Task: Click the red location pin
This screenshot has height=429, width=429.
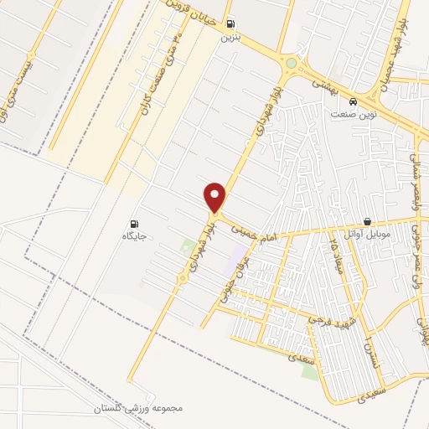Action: (x=216, y=195)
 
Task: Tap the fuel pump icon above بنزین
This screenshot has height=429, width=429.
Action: (x=230, y=24)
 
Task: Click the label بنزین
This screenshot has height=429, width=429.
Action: (x=230, y=38)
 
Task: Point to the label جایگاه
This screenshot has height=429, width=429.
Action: (x=135, y=236)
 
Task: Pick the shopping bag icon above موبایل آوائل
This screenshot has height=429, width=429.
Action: (x=368, y=221)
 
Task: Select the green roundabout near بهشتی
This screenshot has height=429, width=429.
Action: (x=292, y=62)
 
